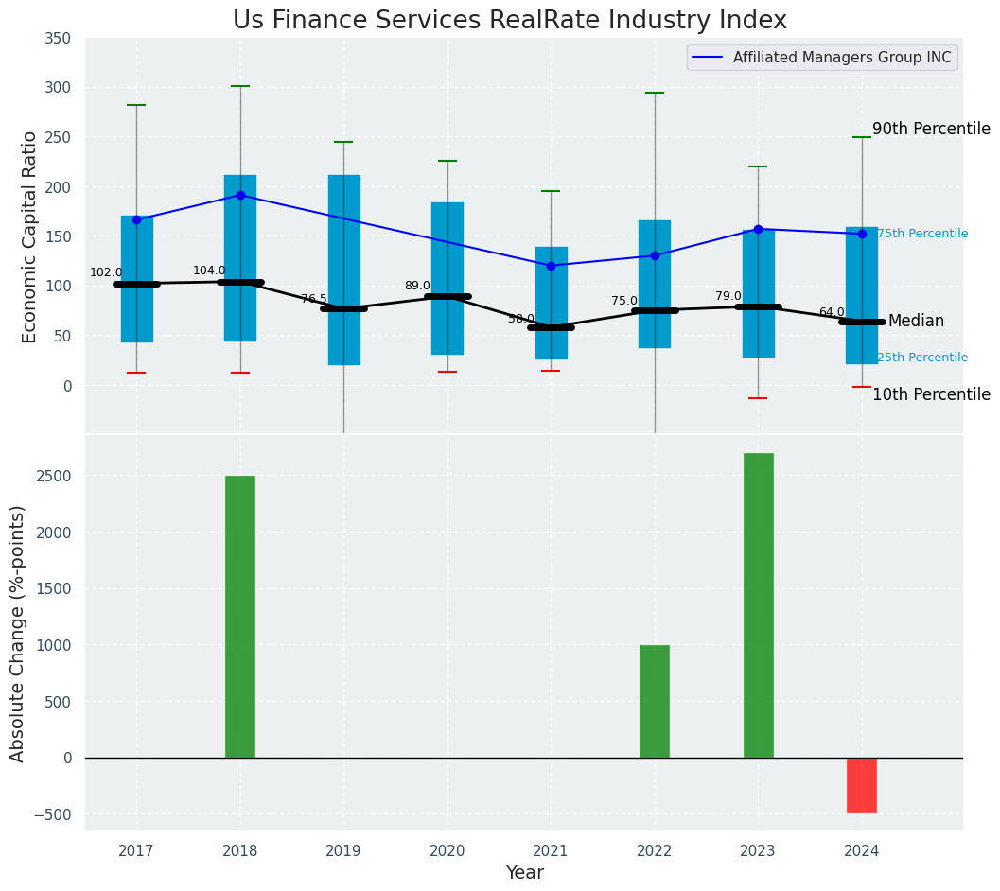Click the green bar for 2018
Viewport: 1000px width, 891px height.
240,616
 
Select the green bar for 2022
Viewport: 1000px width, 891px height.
655,701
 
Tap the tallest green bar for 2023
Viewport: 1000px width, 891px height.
758,605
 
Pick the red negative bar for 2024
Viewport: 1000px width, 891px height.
862,785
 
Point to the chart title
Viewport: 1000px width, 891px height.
509,20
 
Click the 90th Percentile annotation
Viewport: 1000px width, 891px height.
931,129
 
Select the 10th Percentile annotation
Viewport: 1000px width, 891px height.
931,394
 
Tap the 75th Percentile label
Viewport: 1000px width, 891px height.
922,234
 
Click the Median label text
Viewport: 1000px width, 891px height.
916,322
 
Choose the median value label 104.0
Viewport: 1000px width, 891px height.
209,271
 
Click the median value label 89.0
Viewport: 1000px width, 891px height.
417,286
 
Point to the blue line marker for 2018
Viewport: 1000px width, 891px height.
240,195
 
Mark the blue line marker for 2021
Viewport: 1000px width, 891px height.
551,266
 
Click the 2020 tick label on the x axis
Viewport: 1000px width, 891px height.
447,850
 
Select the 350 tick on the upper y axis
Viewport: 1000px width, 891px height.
58,39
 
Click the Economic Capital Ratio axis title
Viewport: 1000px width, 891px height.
30,236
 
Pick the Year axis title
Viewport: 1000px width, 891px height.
524,873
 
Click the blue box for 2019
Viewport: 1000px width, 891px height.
343,270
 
